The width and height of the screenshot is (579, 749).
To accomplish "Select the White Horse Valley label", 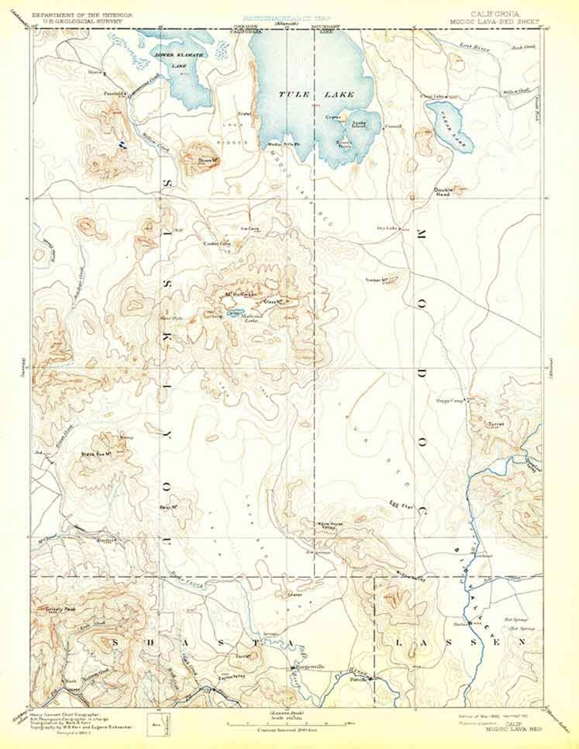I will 328,526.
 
